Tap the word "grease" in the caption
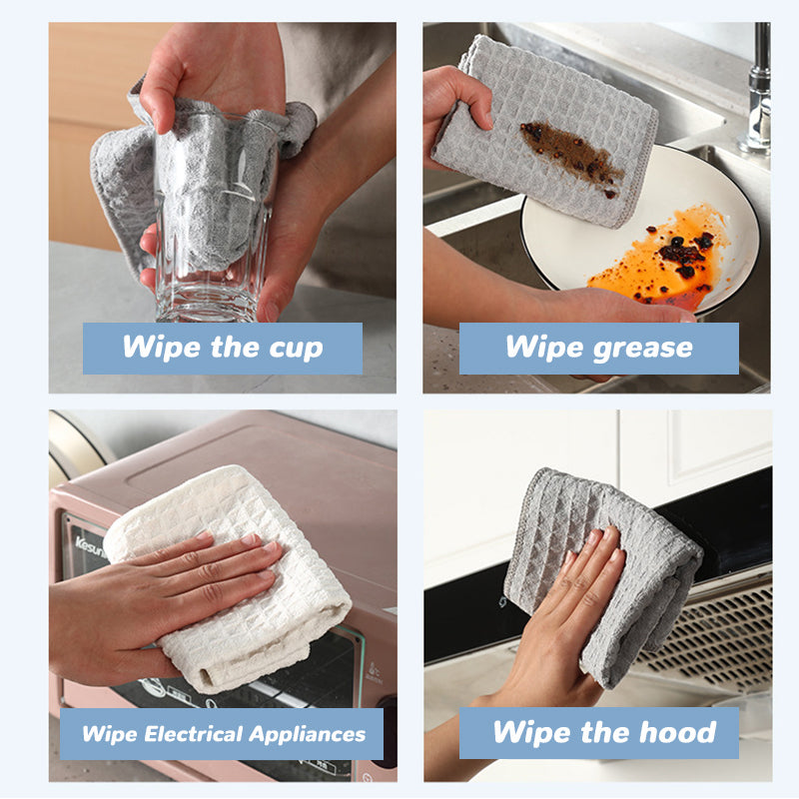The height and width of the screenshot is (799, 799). coord(642,348)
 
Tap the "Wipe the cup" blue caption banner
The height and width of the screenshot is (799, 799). coord(222,349)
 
